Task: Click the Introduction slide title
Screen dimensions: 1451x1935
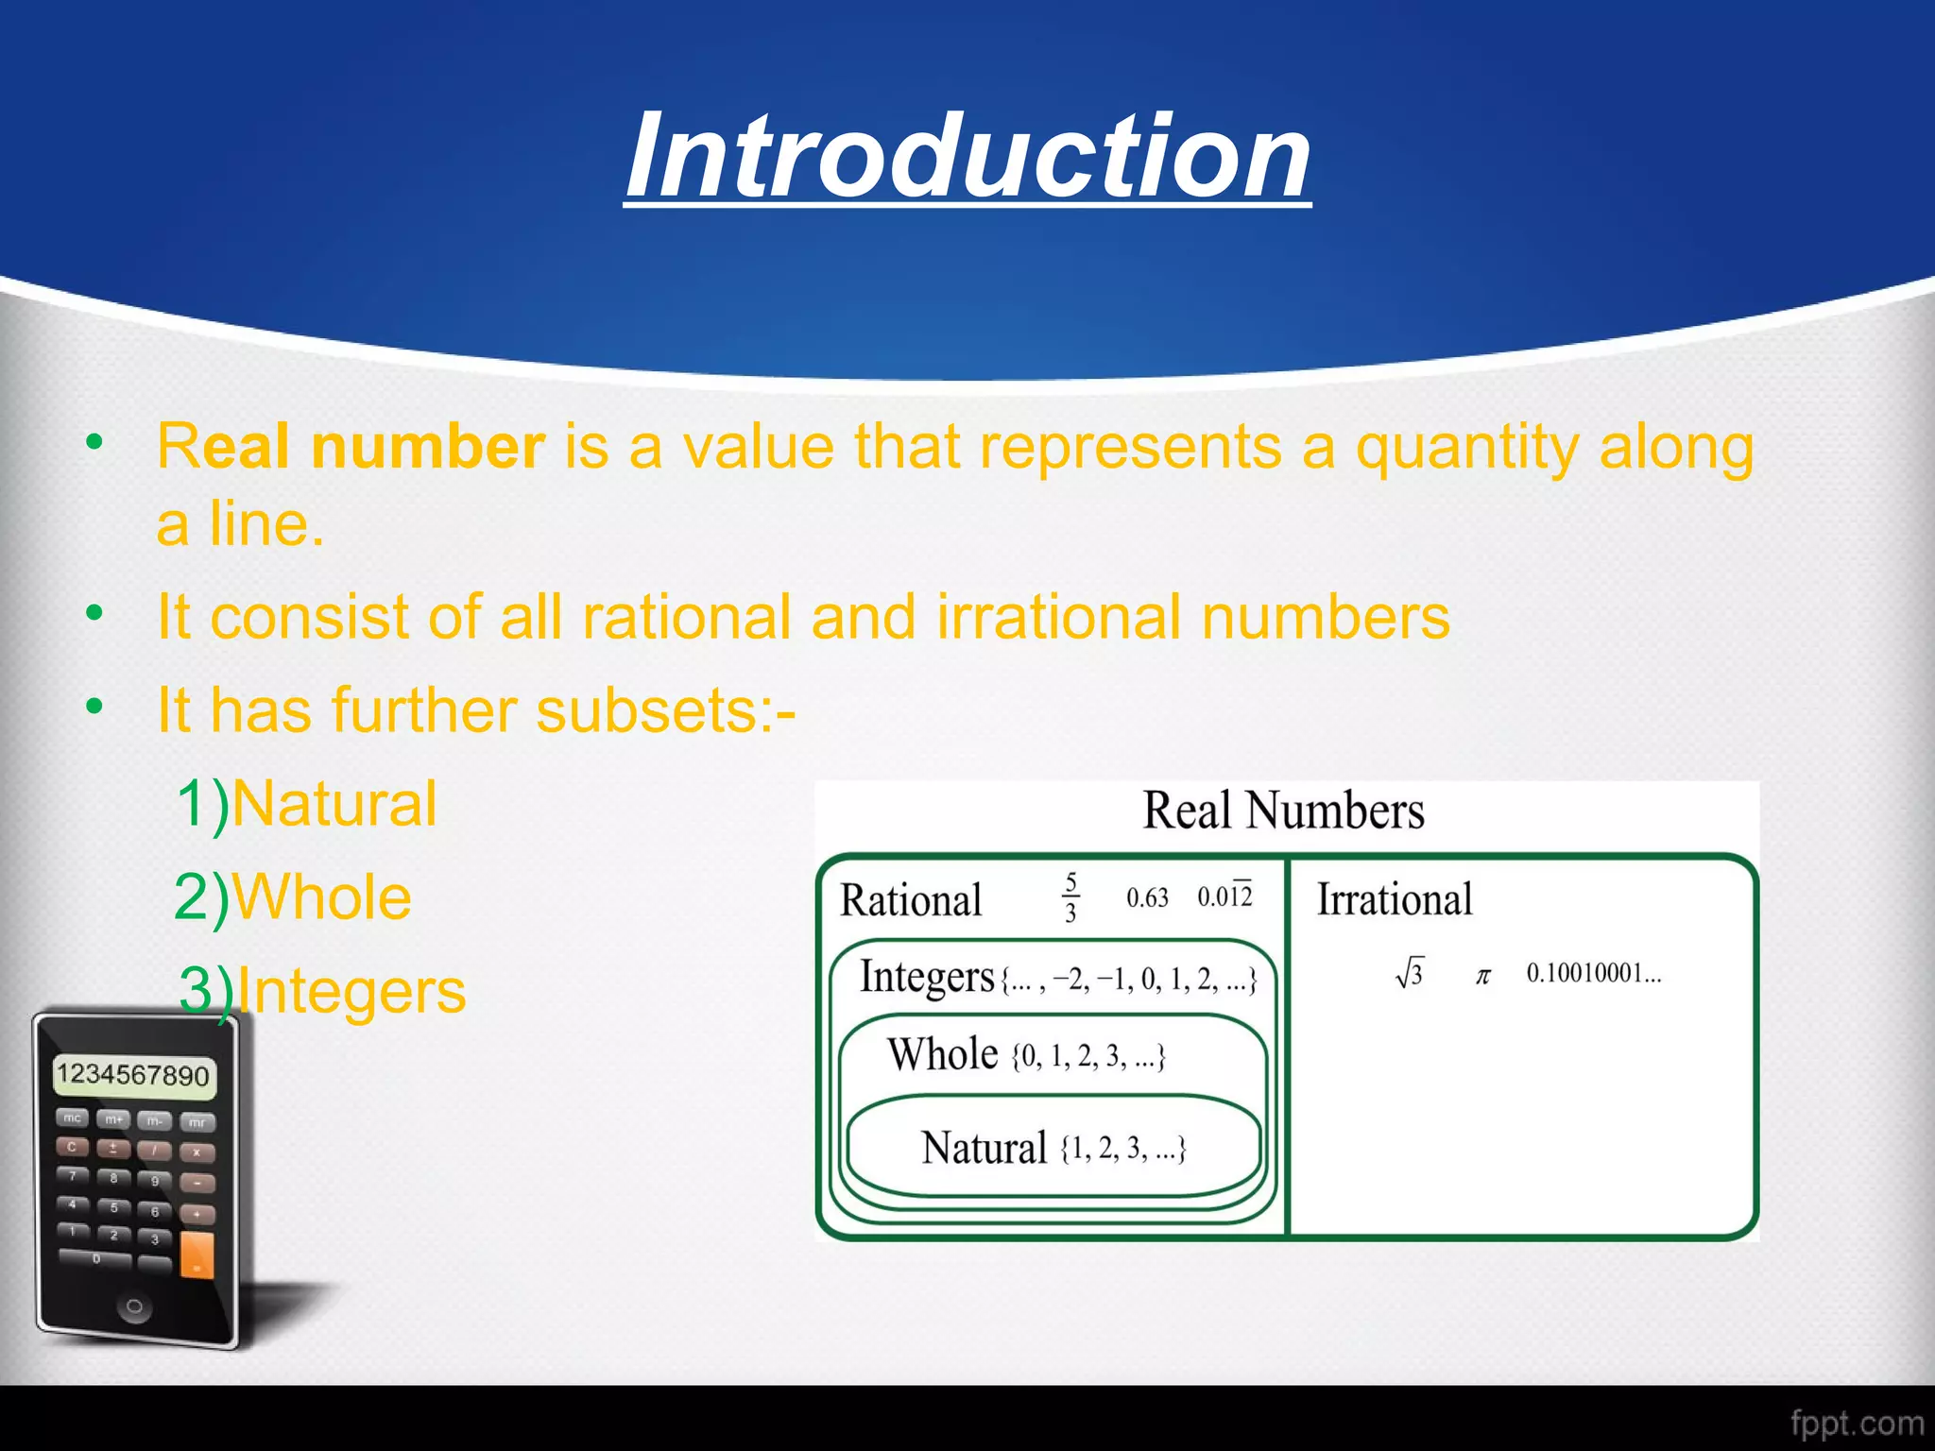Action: click(x=967, y=156)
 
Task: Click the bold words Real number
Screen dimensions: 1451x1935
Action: click(x=351, y=446)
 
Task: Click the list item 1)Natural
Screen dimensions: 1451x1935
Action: click(x=307, y=804)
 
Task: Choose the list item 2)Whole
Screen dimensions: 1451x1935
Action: click(x=293, y=896)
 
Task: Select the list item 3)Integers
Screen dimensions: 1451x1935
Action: click(x=322, y=991)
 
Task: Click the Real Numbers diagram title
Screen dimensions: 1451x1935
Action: click(x=1283, y=811)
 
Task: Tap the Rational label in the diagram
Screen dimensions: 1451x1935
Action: click(x=911, y=899)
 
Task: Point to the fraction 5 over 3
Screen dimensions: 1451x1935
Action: click(x=1070, y=897)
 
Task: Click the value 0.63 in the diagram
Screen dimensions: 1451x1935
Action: click(x=1147, y=897)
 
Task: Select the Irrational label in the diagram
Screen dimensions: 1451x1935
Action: click(x=1395, y=899)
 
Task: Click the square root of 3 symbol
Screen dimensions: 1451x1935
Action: click(x=1409, y=973)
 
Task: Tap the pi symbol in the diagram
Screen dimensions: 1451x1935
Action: click(x=1482, y=976)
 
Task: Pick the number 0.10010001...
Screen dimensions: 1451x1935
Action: click(x=1593, y=973)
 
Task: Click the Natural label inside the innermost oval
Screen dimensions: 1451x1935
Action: click(x=984, y=1149)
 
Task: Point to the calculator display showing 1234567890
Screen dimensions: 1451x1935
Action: click(x=133, y=1075)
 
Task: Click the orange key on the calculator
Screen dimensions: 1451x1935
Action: click(x=197, y=1254)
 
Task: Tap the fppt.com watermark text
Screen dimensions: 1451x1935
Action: click(x=1857, y=1423)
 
